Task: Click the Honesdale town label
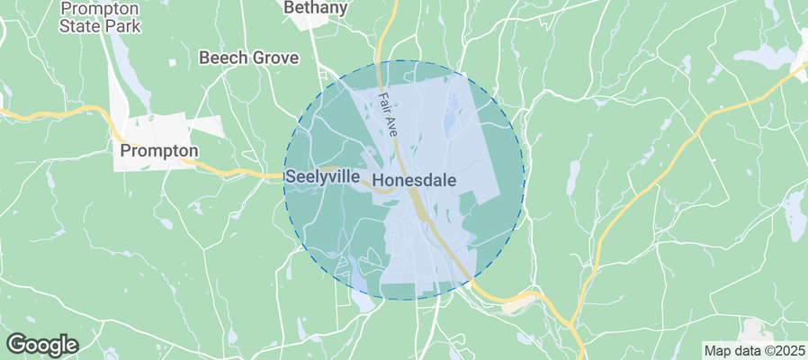coord(426,180)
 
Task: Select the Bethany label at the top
coord(315,8)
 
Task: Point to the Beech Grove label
coord(248,58)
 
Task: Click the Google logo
coord(42,344)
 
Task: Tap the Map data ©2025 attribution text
coord(753,350)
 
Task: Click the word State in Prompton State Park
coord(78,26)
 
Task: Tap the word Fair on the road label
coord(384,101)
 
